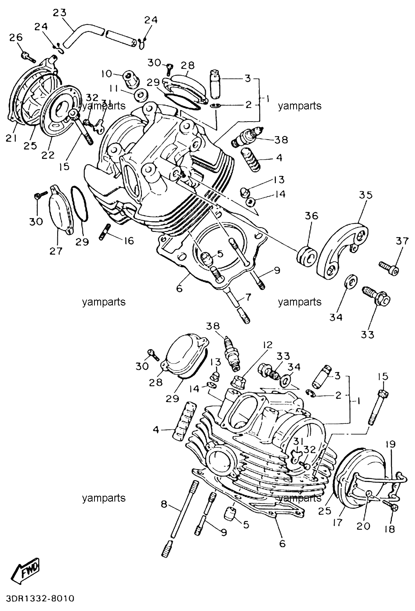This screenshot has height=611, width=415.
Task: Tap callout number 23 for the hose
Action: coord(60,13)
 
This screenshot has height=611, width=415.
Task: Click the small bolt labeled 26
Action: coord(28,56)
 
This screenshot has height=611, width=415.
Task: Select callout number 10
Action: coord(107,74)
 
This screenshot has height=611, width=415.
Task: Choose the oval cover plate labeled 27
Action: coord(60,209)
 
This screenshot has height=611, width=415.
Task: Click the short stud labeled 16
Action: coord(105,232)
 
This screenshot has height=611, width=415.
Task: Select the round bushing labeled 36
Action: coord(307,256)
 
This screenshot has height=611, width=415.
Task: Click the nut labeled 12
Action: coord(239,379)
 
